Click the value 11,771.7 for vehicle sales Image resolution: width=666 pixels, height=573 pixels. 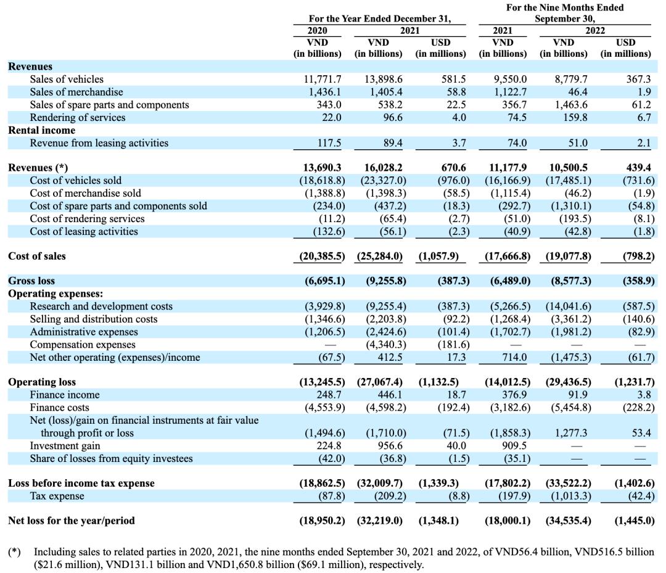[x=323, y=80]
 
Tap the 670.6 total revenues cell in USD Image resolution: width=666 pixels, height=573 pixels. [x=453, y=168]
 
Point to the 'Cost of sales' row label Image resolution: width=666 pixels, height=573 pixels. [x=37, y=256]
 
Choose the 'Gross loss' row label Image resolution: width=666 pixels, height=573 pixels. [x=31, y=281]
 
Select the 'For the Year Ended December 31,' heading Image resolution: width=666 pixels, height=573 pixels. [x=379, y=19]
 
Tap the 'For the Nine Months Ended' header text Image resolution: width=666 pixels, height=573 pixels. [x=565, y=7]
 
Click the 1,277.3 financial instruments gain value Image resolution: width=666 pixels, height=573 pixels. [x=572, y=433]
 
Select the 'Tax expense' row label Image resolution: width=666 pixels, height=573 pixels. [x=57, y=496]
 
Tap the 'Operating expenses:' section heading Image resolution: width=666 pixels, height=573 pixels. [x=55, y=294]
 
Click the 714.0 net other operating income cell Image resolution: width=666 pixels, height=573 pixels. [x=514, y=357]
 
